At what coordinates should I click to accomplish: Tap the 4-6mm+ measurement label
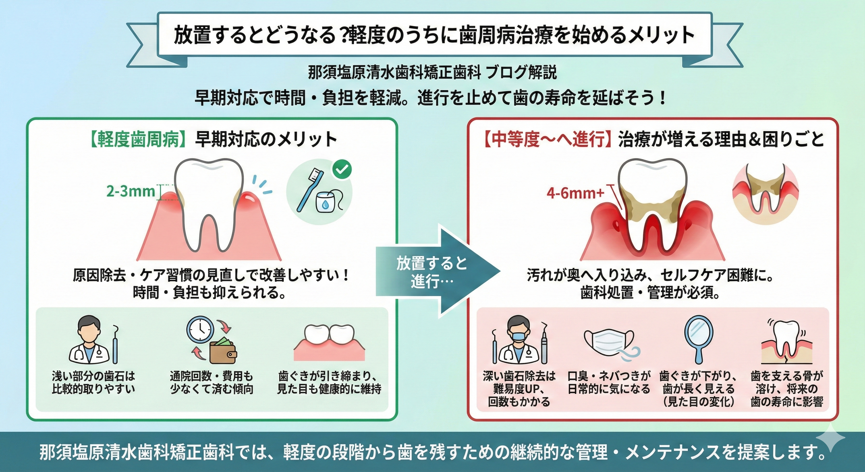[x=575, y=194]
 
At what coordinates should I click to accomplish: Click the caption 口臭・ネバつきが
[x=609, y=376]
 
